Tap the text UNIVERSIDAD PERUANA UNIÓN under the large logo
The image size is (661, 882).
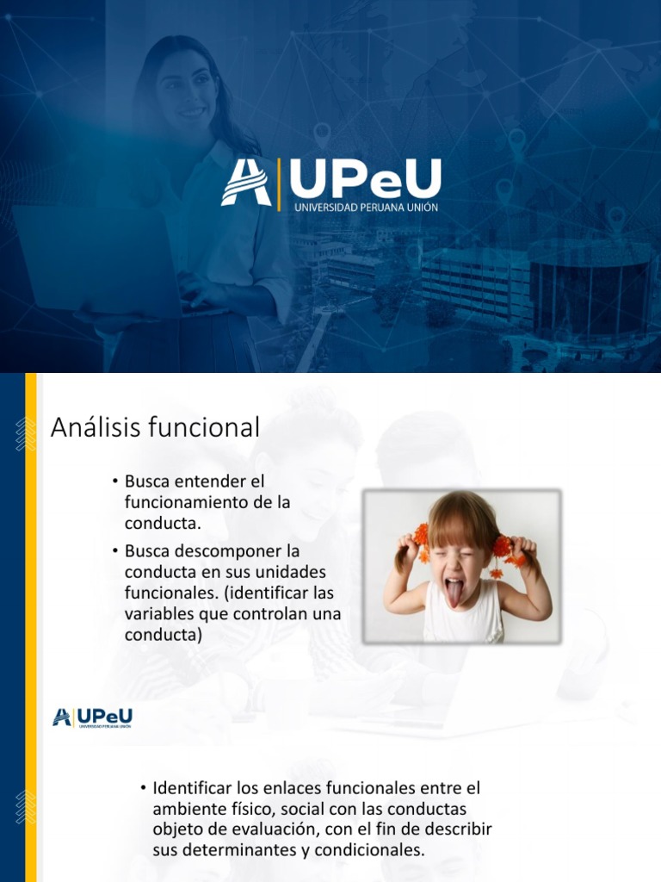pyautogui.click(x=366, y=208)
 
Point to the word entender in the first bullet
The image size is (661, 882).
pyautogui.click(x=200, y=481)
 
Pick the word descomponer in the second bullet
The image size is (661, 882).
pyautogui.click(x=215, y=550)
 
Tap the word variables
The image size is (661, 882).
pyautogui.click(x=159, y=614)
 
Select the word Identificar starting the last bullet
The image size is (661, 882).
pyautogui.click(x=191, y=787)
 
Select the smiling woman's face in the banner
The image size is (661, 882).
pyautogui.click(x=184, y=90)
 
